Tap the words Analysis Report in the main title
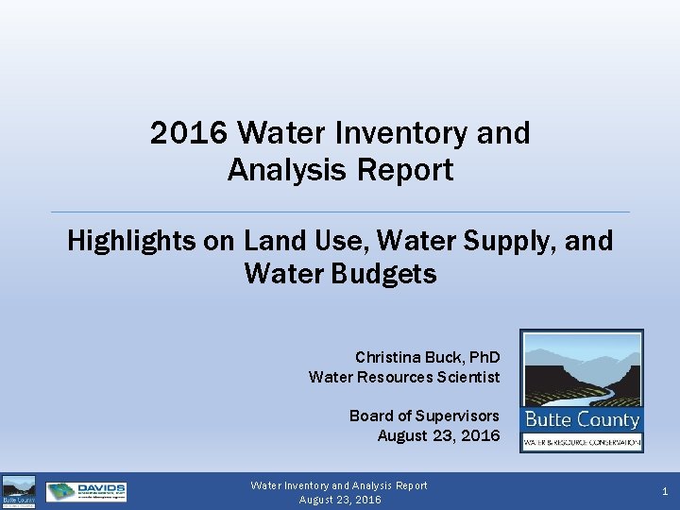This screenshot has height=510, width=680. (340, 170)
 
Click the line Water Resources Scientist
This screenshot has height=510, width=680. (404, 377)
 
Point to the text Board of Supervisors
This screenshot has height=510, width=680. (424, 416)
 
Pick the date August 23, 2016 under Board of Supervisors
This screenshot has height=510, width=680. (438, 435)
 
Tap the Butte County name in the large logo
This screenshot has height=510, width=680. (582, 419)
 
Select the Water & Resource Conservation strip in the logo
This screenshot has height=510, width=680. (582, 442)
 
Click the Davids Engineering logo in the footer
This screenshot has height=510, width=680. (86, 491)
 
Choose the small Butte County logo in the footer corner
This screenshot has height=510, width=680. (18, 491)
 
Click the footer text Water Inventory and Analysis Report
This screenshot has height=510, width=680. (339, 485)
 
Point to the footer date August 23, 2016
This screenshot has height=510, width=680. (340, 500)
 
